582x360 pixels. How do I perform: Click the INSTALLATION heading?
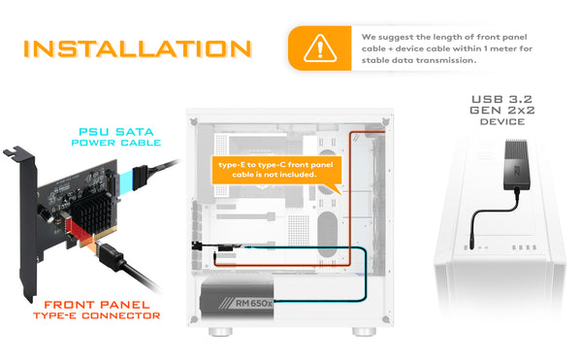pos(138,49)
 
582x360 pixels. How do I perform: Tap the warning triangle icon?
pos(320,49)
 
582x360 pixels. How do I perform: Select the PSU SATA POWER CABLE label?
pos(116,137)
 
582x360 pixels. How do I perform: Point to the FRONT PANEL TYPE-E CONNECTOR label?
pos(97,310)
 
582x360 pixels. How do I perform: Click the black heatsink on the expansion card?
pos(91,209)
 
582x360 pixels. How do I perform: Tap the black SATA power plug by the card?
pos(140,177)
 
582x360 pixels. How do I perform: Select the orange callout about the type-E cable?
pos(276,171)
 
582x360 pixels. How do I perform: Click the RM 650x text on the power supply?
pos(254,303)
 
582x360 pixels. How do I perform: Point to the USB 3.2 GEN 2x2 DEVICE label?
pos(502,111)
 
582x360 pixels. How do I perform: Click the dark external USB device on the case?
pos(516,164)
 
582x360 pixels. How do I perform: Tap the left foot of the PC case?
pos(220,332)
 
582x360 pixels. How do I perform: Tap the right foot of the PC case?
pos(364,332)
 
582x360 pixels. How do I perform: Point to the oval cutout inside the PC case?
pos(327,234)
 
